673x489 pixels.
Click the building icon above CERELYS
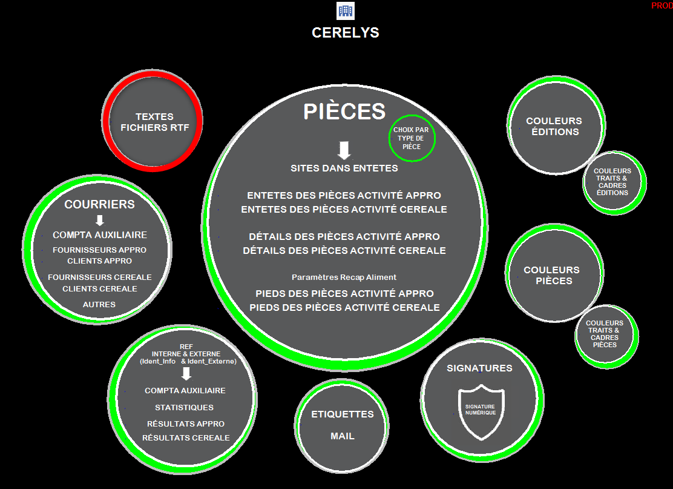[345, 11]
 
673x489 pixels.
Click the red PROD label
[662, 5]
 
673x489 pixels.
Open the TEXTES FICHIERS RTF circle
[153, 121]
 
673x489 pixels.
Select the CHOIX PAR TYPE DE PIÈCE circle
[412, 138]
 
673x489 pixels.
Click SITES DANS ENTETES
[344, 168]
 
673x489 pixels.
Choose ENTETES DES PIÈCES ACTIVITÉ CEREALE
[344, 209]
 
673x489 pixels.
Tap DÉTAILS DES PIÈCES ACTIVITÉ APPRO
[344, 236]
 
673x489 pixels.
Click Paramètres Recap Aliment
[344, 278]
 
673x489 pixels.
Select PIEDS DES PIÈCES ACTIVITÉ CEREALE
[344, 308]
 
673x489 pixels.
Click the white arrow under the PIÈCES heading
[344, 150]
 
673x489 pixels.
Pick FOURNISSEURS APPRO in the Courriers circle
[100, 250]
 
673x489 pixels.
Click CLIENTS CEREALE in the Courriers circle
[100, 289]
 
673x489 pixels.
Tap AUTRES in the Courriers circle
[99, 304]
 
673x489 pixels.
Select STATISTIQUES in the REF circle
[184, 407]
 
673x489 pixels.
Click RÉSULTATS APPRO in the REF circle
[186, 424]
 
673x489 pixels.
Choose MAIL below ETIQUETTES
[343, 436]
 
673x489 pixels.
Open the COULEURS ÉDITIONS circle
[556, 125]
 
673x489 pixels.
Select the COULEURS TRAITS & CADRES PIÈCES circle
[606, 336]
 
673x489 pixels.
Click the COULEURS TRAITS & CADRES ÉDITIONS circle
[614, 182]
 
